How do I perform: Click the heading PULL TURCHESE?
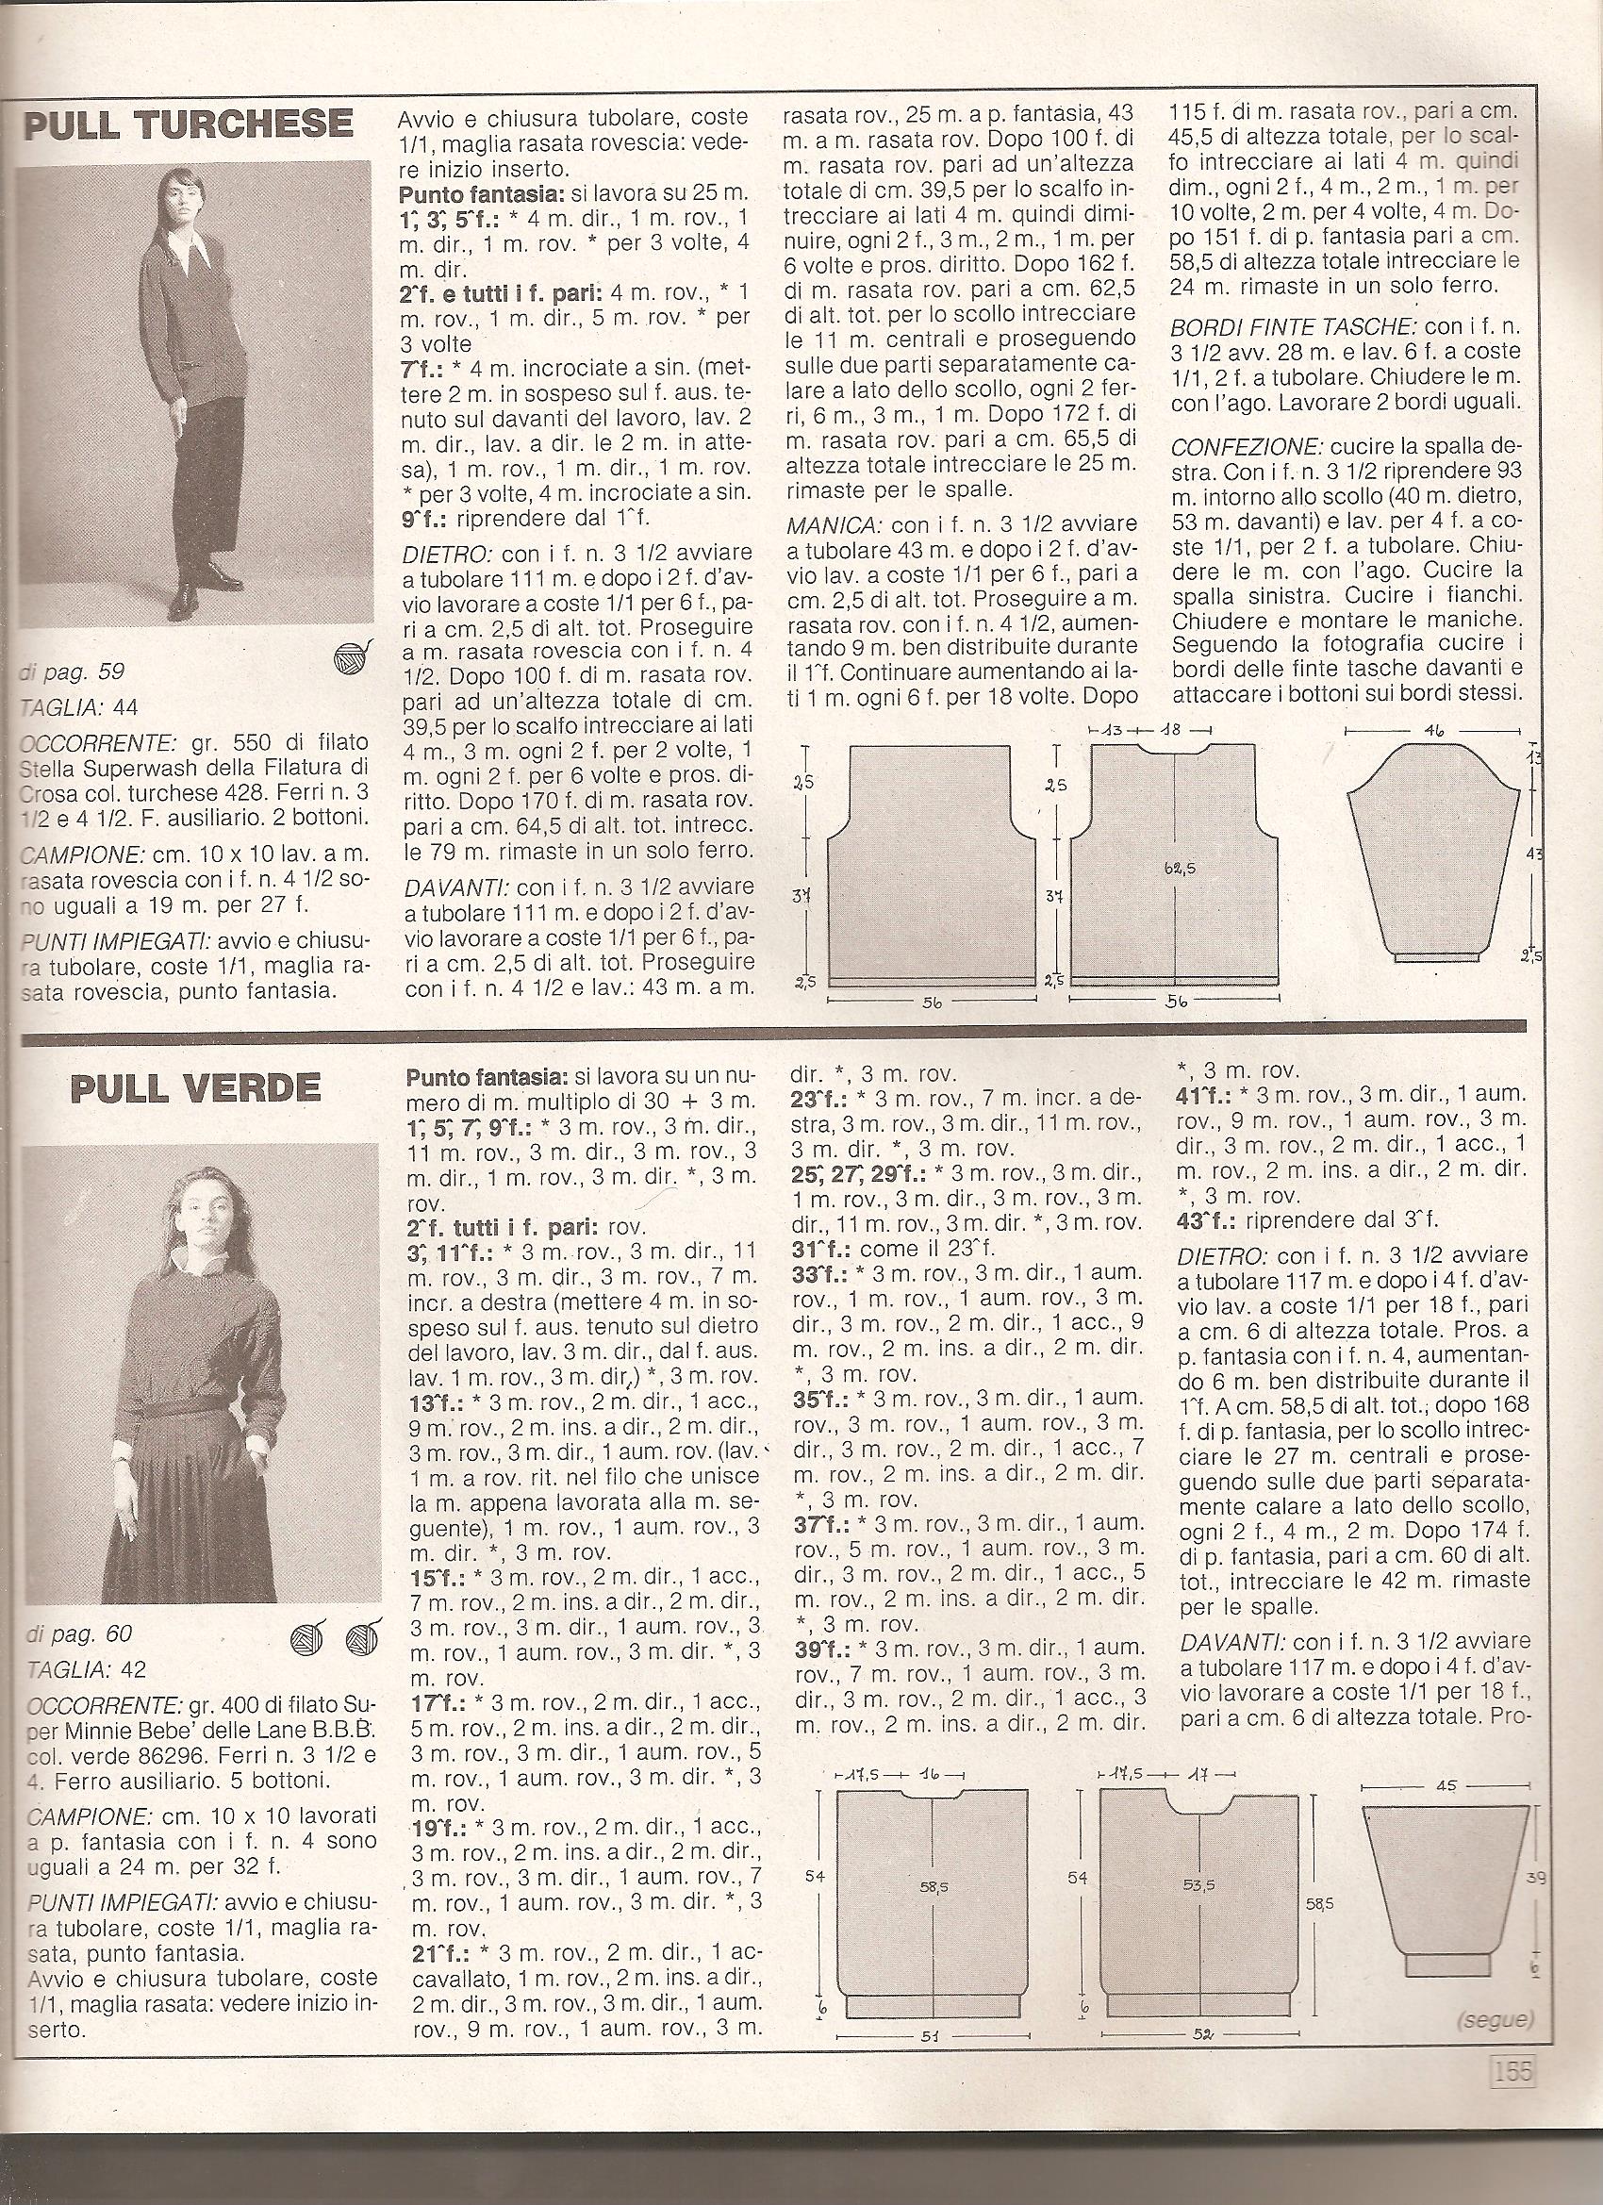(187, 124)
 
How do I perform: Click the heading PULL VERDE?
(194, 1086)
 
